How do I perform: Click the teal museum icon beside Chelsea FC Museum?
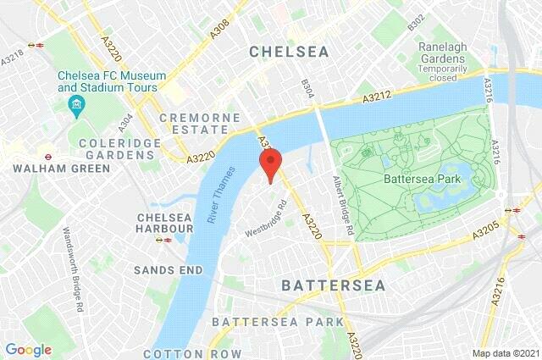[75, 105]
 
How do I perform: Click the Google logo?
[28, 349]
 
